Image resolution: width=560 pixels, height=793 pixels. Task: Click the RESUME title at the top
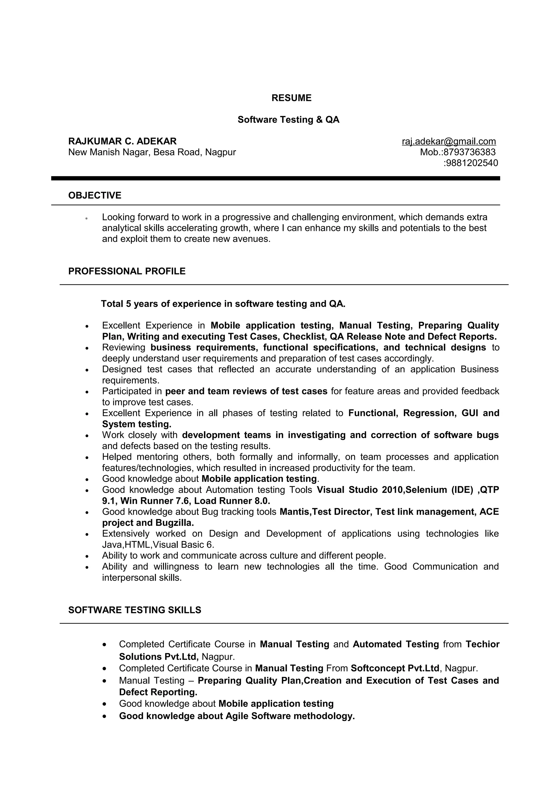pyautogui.click(x=291, y=98)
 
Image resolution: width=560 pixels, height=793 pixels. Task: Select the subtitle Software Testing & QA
pyautogui.click(x=288, y=120)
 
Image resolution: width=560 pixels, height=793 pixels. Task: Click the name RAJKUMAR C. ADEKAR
pyautogui.click(x=122, y=141)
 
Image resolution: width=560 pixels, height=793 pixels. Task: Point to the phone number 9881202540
pyautogui.click(x=472, y=163)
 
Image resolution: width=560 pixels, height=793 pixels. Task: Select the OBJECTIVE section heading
pyautogui.click(x=95, y=195)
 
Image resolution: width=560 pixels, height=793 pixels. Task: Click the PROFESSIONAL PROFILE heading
pyautogui.click(x=127, y=271)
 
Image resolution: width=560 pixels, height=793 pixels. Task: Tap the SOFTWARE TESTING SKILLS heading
pyautogui.click(x=135, y=610)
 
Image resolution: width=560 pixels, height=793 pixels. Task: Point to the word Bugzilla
pyautogui.click(x=175, y=523)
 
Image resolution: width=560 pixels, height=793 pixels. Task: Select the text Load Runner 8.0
pyautogui.click(x=232, y=501)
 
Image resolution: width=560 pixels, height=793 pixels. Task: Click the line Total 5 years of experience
pyautogui.click(x=223, y=304)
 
